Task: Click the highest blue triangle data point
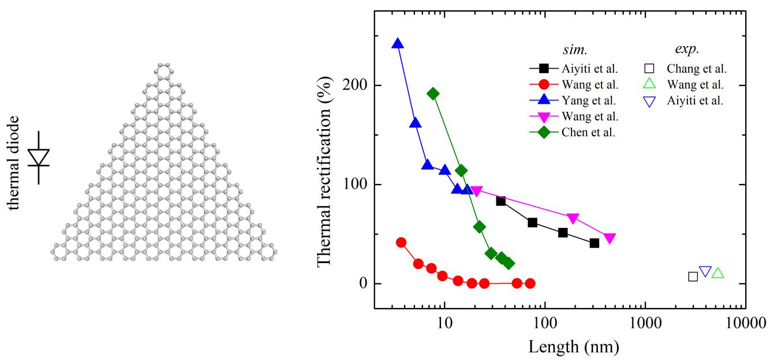pos(397,44)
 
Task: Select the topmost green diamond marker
pos(433,93)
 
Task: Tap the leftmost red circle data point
pos(401,242)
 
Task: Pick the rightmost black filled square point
pos(595,243)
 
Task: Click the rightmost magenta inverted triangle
pos(610,238)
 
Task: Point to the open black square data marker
pos(693,276)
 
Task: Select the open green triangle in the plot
pos(717,273)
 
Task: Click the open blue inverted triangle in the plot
pos(705,271)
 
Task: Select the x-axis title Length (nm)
pos(574,346)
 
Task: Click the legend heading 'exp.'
pos(686,50)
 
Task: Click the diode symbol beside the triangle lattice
pos(39,157)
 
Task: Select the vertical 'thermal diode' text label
pos(13,163)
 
